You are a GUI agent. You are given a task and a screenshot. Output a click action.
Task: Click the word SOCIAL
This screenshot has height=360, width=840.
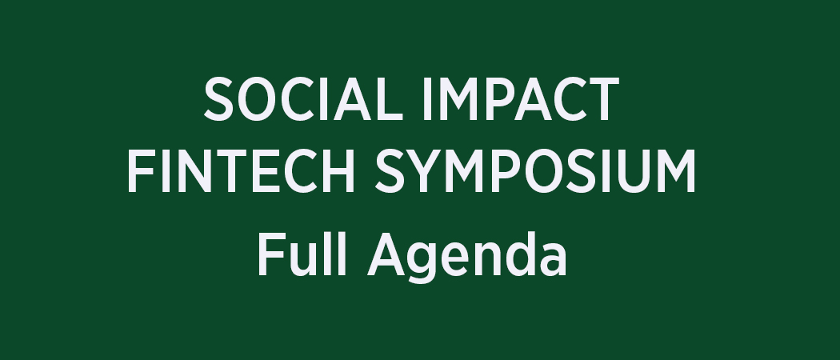pyautogui.click(x=303, y=99)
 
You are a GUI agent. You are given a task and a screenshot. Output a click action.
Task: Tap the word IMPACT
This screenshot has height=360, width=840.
pyautogui.click(x=522, y=99)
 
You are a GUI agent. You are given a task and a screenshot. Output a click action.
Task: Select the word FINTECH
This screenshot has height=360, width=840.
pyautogui.click(x=241, y=171)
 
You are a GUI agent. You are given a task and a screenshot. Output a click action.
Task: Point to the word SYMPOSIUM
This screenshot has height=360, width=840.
pyautogui.click(x=534, y=171)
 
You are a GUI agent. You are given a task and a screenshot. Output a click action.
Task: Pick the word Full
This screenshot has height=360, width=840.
pyautogui.click(x=302, y=254)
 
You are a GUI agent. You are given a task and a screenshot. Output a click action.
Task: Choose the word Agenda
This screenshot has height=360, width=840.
pyautogui.click(x=466, y=257)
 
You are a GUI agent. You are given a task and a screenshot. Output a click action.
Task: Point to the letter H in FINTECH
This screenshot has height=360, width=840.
pyautogui.click(x=337, y=171)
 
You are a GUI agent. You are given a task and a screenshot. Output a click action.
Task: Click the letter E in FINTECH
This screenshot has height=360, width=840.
pyautogui.click(x=265, y=171)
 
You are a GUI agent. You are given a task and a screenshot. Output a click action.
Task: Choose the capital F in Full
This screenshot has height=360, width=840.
pyautogui.click(x=271, y=255)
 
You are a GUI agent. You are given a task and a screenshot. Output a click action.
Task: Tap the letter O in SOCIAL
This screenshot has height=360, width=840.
pyautogui.click(x=257, y=99)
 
